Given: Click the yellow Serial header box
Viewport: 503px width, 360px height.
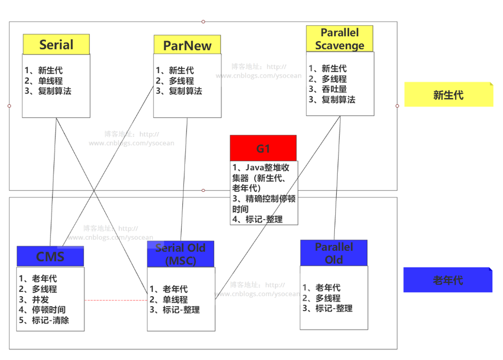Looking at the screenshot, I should tap(56, 45).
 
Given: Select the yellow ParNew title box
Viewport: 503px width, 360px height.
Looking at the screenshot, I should tap(187, 45).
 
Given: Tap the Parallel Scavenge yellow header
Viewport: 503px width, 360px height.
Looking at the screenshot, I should tap(339, 39).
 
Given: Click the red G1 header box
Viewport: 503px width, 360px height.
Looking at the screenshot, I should tap(263, 148).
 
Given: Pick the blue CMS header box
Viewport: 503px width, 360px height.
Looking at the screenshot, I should tap(50, 257).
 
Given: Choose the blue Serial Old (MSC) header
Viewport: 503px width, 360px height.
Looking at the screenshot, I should tap(180, 254).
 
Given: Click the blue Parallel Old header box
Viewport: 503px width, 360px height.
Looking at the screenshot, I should tap(333, 253).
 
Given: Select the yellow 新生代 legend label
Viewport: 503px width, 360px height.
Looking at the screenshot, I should tap(448, 95).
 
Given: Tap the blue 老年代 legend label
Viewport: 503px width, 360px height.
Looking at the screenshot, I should tap(448, 280).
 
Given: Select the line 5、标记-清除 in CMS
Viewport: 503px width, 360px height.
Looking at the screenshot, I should tap(44, 320).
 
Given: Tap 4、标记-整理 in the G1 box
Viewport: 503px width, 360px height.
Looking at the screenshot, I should tap(258, 219).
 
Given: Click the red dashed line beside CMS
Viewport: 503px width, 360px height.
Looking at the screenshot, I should tap(116, 300).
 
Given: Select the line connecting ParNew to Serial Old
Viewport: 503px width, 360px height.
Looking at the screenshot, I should tap(184, 178).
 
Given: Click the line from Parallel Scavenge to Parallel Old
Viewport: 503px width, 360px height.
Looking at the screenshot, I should tap(338, 178).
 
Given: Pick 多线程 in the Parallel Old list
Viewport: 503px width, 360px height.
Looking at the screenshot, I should tap(328, 298).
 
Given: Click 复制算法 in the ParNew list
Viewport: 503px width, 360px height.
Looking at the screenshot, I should tap(185, 91).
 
